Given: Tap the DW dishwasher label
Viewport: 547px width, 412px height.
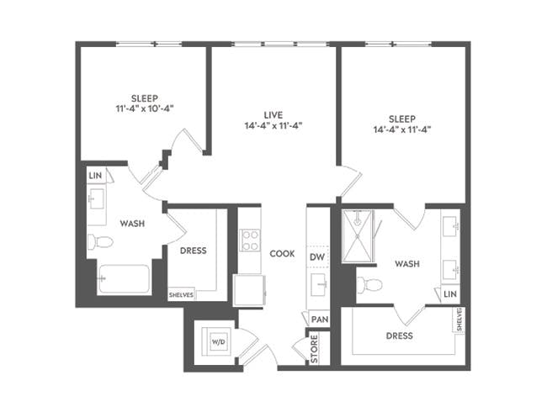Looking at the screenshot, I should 317,256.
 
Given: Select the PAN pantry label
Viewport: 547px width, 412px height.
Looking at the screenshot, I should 318,320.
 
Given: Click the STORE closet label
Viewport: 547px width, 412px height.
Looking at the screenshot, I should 315,350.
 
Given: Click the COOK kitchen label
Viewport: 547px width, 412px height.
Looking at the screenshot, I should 282,253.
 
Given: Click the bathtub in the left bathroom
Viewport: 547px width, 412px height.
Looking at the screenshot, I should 123,279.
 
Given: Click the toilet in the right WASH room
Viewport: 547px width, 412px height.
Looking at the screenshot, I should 369,284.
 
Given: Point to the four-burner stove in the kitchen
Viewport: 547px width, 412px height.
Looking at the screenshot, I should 249,240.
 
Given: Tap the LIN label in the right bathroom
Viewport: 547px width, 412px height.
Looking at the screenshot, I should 450,293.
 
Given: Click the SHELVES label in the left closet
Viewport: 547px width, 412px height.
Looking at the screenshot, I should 182,295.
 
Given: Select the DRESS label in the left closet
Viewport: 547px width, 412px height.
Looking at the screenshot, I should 194,251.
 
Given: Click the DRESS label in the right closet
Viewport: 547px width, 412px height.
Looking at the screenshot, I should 399,335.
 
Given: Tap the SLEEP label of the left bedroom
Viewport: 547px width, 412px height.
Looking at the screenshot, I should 144,98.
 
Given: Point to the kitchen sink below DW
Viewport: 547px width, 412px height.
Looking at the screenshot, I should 318,284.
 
